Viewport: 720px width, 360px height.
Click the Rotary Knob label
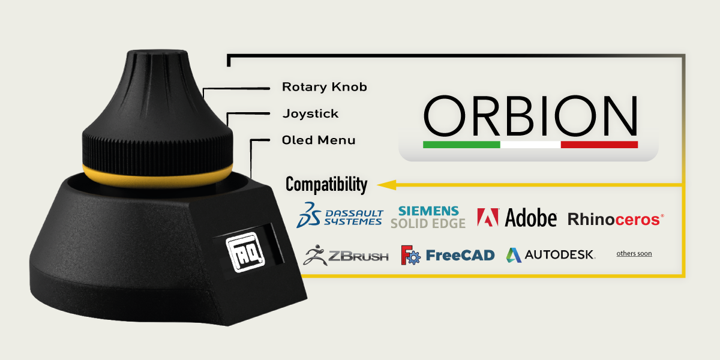tap(324, 87)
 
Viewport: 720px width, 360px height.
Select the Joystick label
tap(310, 113)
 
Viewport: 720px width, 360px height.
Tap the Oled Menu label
tap(319, 140)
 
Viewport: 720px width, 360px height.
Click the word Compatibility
tap(326, 184)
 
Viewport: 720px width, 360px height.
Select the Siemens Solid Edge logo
tap(428, 217)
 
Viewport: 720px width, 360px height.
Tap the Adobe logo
tap(517, 217)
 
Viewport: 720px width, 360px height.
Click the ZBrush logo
tap(346, 255)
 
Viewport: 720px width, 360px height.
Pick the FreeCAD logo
tap(448, 255)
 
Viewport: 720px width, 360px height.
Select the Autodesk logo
tap(550, 255)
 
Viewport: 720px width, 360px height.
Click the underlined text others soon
tap(634, 254)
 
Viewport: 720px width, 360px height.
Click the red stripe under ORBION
tap(599, 145)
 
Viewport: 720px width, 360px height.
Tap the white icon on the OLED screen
tap(238, 250)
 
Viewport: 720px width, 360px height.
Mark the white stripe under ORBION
tap(530, 145)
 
